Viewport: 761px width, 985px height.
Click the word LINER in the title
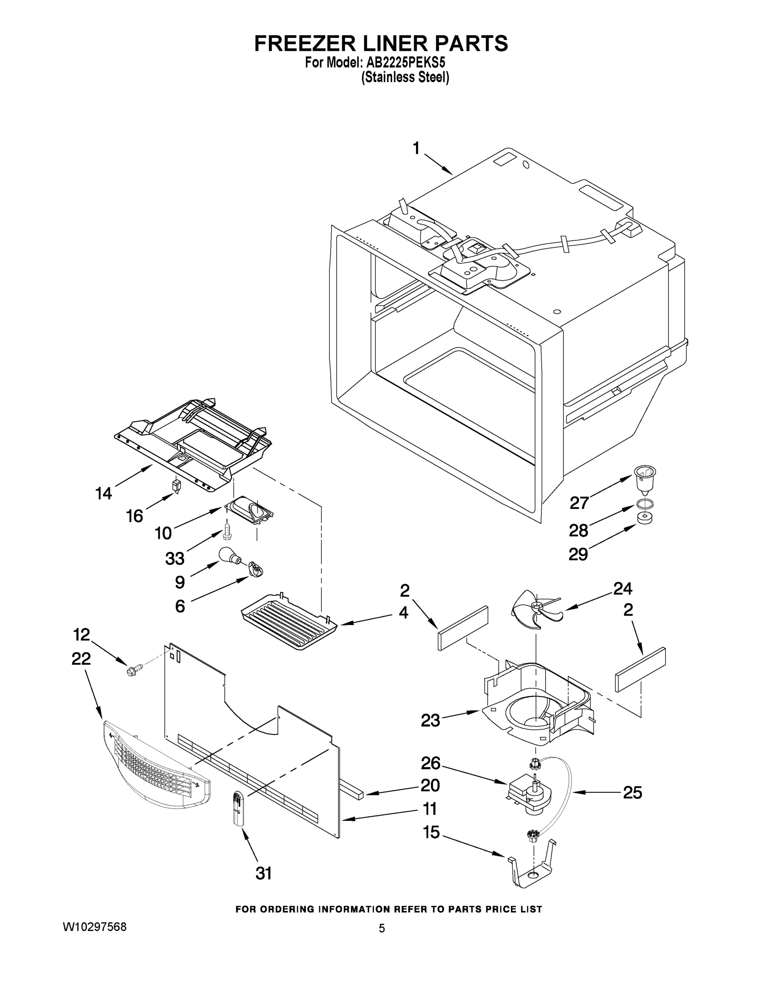[x=381, y=44]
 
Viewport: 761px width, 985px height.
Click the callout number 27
[x=579, y=502]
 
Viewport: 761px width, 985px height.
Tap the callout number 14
[x=104, y=493]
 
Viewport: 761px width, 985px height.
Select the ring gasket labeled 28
[x=644, y=504]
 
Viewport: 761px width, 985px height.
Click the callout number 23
[x=430, y=720]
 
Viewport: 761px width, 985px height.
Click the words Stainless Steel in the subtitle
[x=405, y=78]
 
